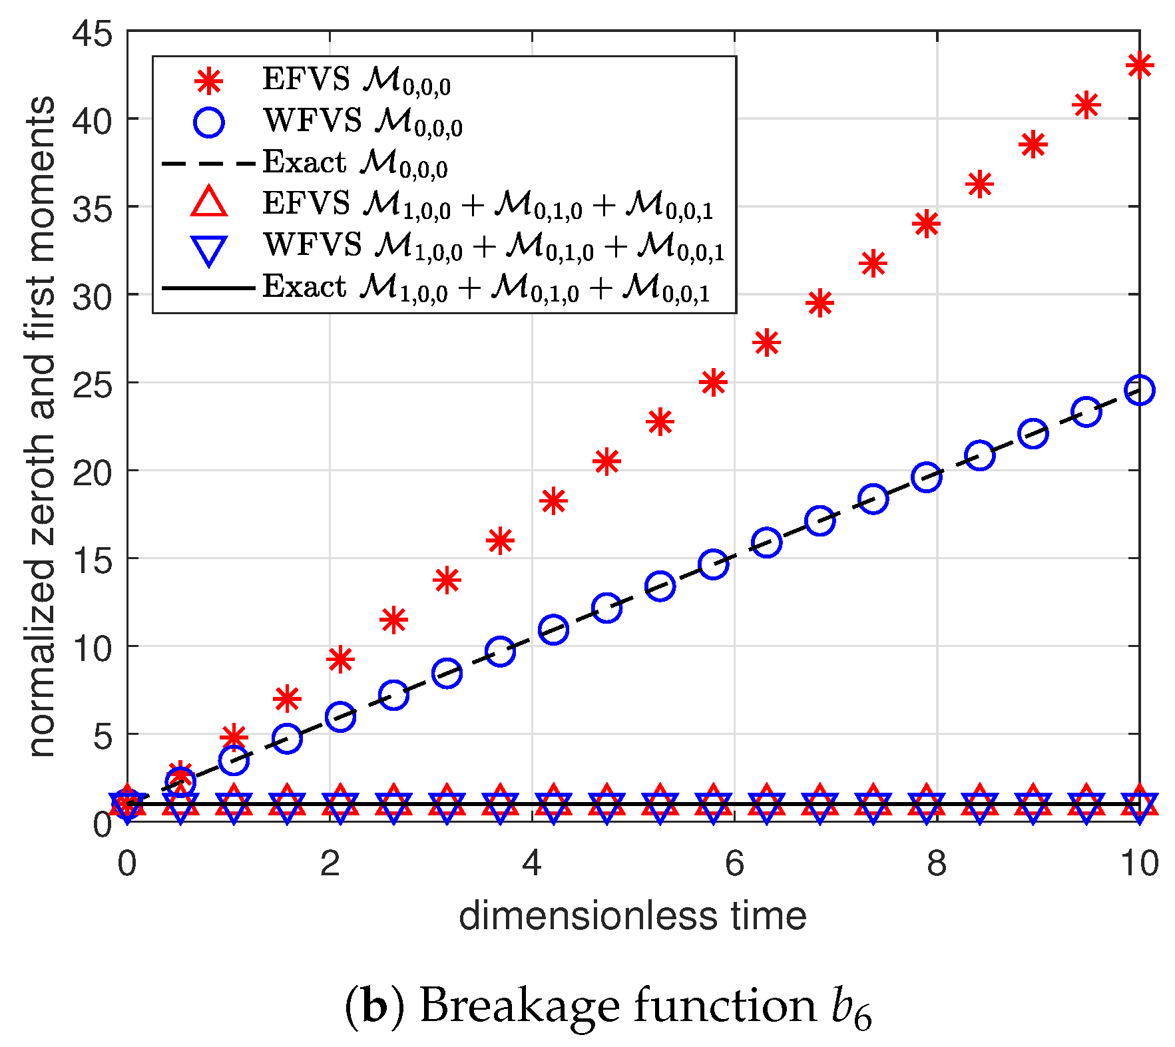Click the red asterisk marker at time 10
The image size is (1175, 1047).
[x=1139, y=65]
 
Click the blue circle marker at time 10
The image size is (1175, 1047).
[x=1139, y=390]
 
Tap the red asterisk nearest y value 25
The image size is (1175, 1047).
[x=713, y=382]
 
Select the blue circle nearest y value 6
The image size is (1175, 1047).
[x=340, y=717]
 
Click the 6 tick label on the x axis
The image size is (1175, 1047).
[x=734, y=864]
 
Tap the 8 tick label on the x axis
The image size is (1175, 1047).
[x=936, y=864]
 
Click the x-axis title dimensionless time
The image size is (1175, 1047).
[x=632, y=916]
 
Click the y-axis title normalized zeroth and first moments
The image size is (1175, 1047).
[x=41, y=426]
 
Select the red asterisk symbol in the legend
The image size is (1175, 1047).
[x=209, y=81]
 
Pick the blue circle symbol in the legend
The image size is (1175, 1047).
[x=209, y=122]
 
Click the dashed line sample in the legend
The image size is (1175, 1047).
[x=208, y=163]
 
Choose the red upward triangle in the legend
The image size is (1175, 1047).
[x=209, y=202]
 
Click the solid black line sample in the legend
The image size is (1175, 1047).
[x=208, y=288]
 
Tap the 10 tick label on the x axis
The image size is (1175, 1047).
[x=1139, y=864]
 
